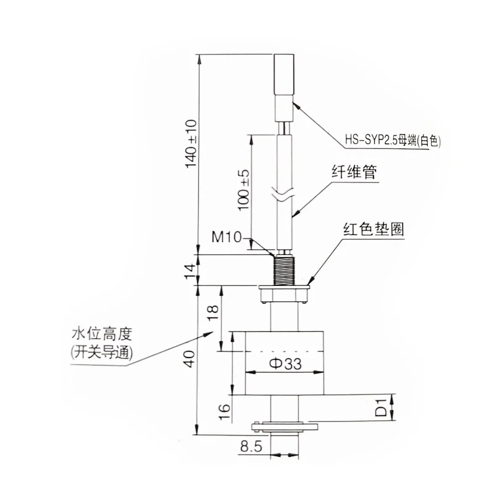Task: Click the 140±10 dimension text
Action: (192, 143)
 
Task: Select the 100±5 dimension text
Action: (245, 187)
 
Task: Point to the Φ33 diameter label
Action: (285, 364)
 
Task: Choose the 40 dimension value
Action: (192, 358)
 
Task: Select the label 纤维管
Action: (354, 174)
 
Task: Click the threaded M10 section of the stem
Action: (285, 270)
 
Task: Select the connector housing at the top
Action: (285, 86)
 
